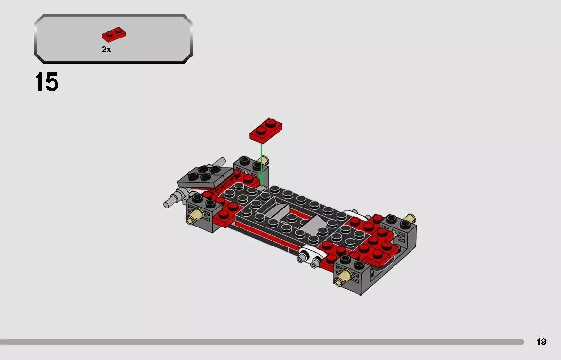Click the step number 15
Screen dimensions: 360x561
[47, 82]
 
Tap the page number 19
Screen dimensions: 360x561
[541, 342]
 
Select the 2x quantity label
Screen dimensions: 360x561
[106, 50]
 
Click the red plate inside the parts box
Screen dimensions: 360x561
[113, 35]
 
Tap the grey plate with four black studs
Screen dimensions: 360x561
[205, 177]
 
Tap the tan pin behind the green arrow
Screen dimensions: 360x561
[266, 160]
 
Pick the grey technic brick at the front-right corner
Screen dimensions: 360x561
[352, 275]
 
